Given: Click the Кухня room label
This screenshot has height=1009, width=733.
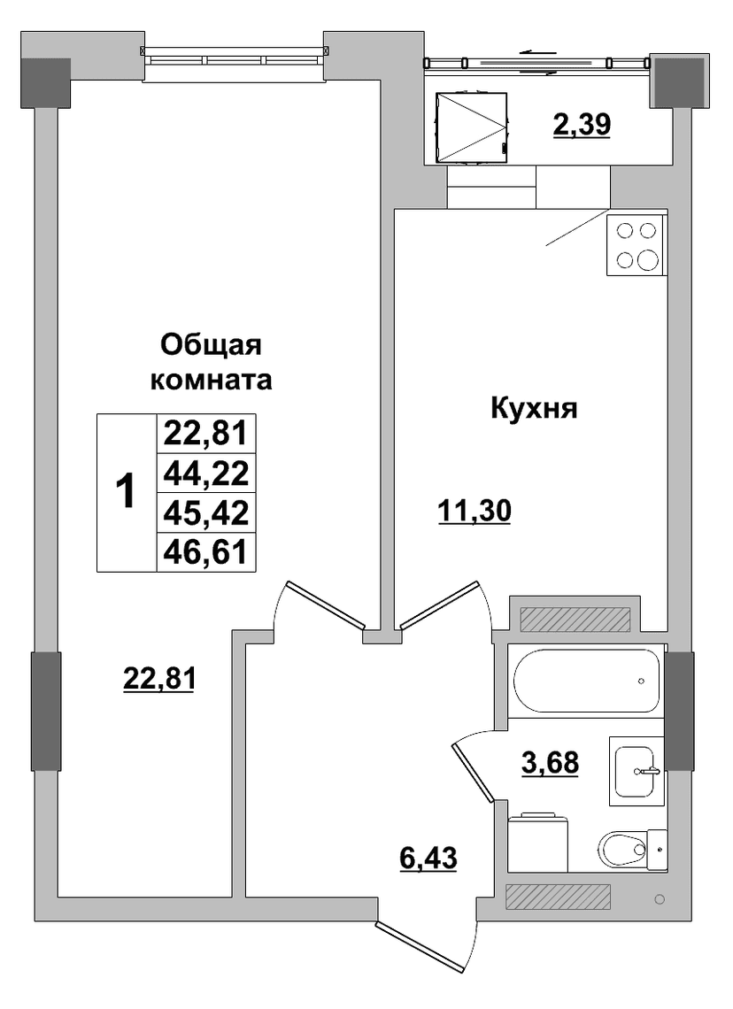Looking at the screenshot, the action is click(534, 409).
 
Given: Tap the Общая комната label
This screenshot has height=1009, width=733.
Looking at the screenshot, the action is click(211, 362).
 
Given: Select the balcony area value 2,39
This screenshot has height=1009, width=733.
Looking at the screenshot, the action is click(581, 124).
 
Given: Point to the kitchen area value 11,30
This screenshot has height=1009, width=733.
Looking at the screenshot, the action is click(475, 512).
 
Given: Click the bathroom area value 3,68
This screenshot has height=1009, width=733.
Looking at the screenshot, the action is click(550, 763).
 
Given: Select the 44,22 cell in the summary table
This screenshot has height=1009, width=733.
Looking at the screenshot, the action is click(206, 473).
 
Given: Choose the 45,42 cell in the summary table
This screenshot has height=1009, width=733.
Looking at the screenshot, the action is click(206, 512).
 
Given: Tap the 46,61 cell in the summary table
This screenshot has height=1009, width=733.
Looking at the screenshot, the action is click(206, 551).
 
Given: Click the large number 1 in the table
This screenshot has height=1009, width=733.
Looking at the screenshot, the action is click(126, 491).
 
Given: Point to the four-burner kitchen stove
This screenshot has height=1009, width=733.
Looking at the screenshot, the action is click(637, 245).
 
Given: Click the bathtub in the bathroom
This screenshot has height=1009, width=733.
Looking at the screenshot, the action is click(586, 680).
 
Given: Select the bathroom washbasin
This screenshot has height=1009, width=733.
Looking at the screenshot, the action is click(637, 771).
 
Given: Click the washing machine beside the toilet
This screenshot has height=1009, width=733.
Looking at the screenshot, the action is click(538, 843).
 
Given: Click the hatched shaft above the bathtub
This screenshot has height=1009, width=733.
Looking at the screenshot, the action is click(575, 619).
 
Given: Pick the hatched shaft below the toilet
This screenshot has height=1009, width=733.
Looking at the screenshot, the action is click(558, 897).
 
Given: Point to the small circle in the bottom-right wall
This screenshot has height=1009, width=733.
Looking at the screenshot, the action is click(659, 899).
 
